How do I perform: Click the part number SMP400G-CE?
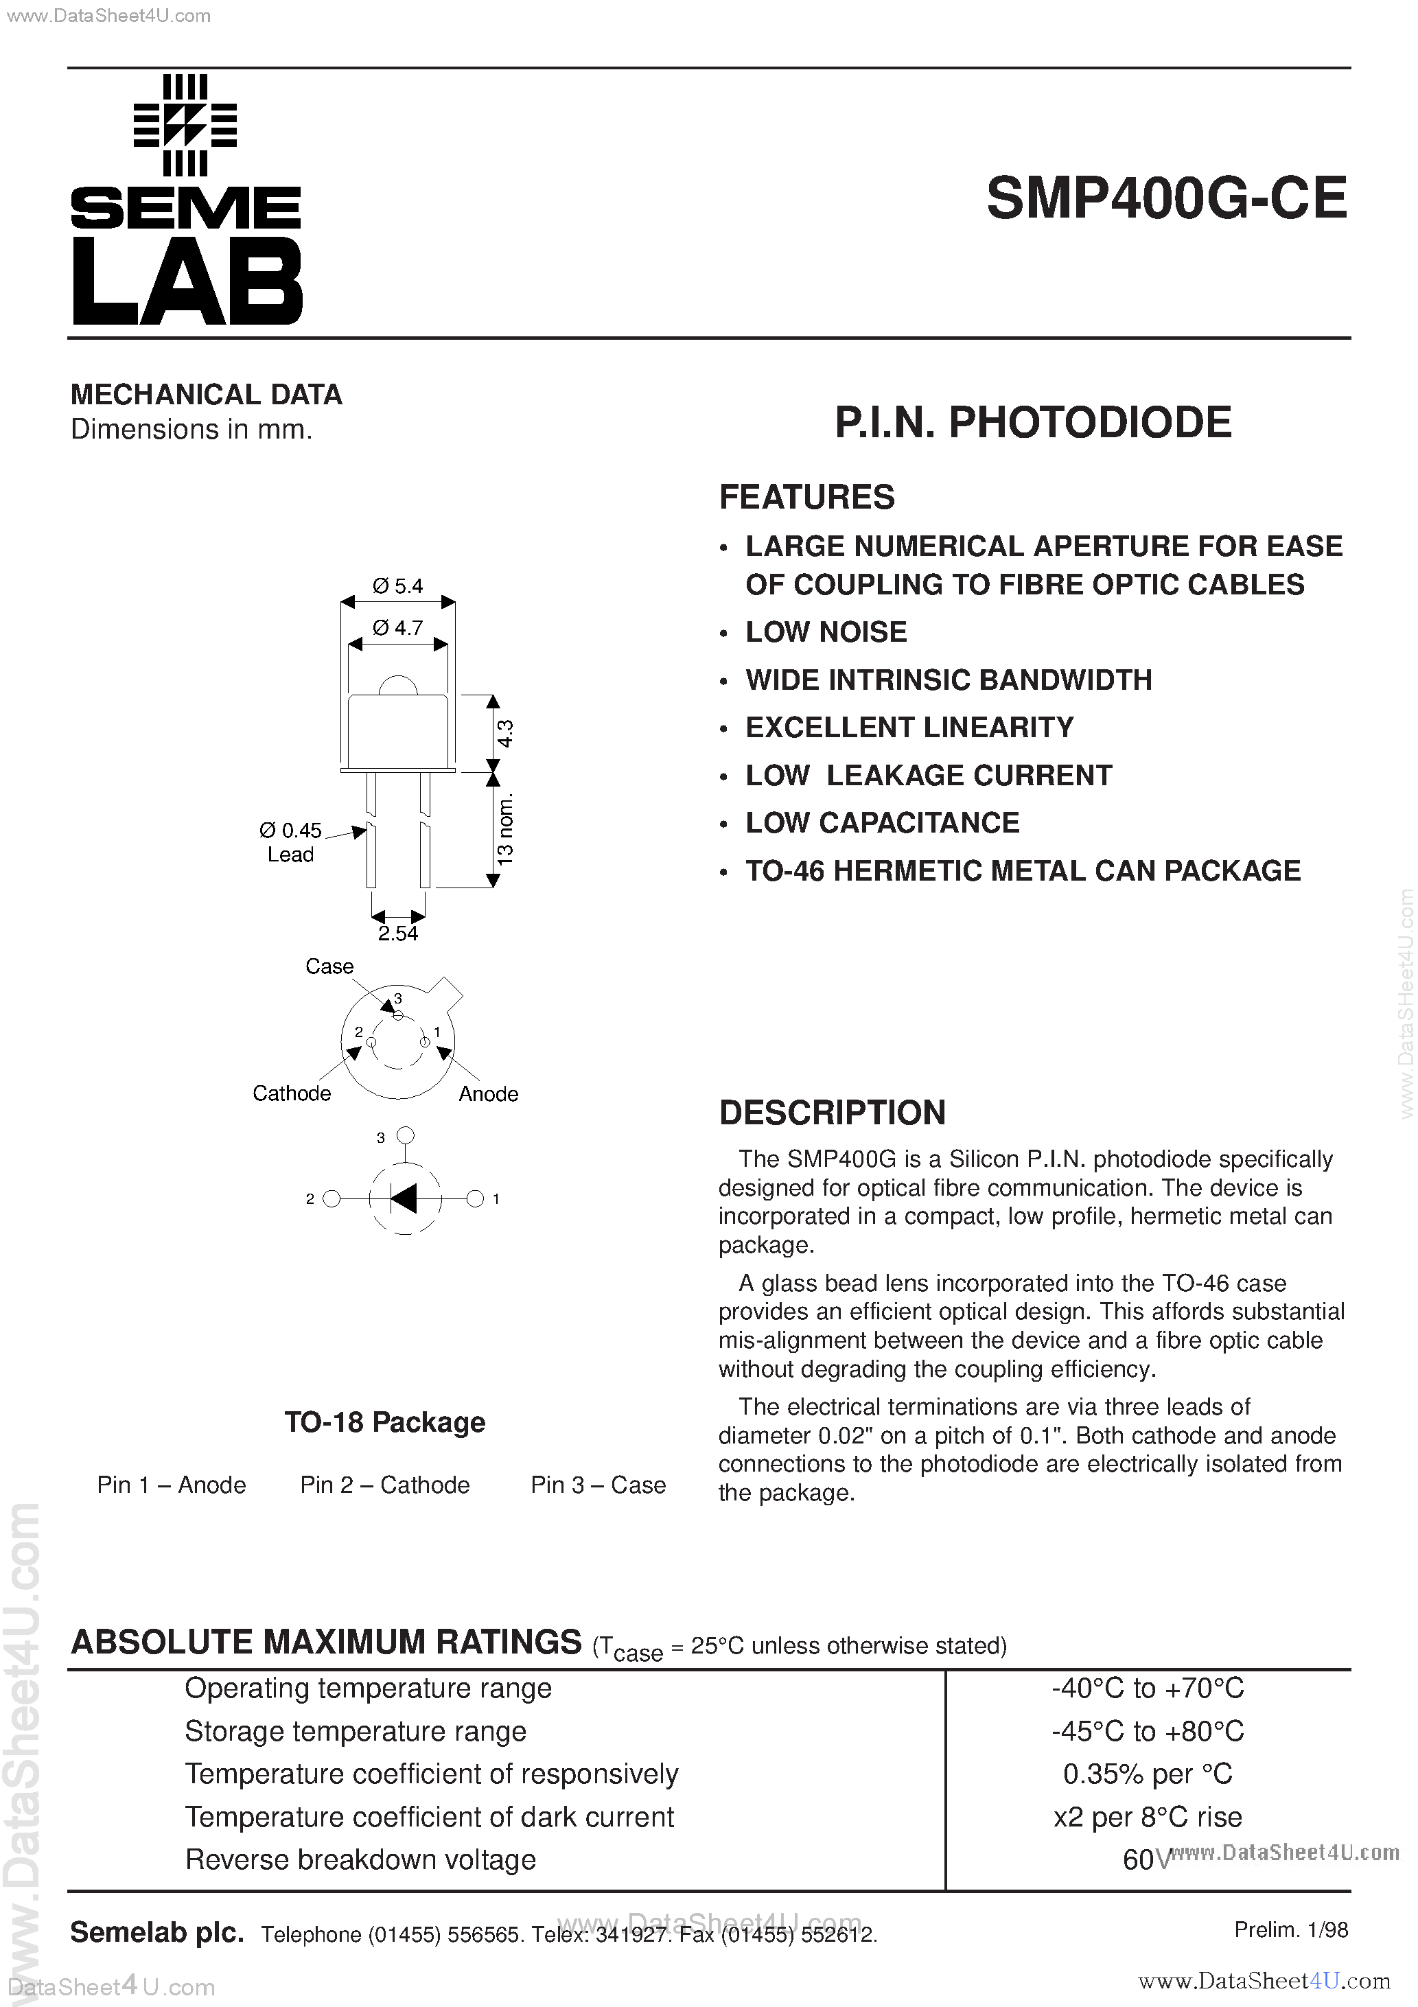coord(1166,198)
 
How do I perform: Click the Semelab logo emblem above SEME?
coord(185,125)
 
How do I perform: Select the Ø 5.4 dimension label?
coord(398,585)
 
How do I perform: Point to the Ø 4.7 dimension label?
coord(398,627)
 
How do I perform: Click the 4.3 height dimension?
coord(505,732)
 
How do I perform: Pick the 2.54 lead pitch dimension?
coord(398,933)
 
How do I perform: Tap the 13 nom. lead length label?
coord(505,828)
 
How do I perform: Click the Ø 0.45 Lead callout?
coord(290,842)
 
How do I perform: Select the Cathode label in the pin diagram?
coord(291,1093)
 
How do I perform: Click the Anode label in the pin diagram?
coord(488,1093)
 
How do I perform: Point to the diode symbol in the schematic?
coord(404,1198)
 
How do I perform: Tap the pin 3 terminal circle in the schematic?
coord(405,1135)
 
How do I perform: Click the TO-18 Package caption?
coord(384,1422)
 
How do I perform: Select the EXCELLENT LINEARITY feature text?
coord(909,728)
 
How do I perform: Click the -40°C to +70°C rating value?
coord(1147,1688)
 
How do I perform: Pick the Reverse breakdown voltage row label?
coord(360,1859)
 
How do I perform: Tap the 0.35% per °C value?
coord(1147,1774)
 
